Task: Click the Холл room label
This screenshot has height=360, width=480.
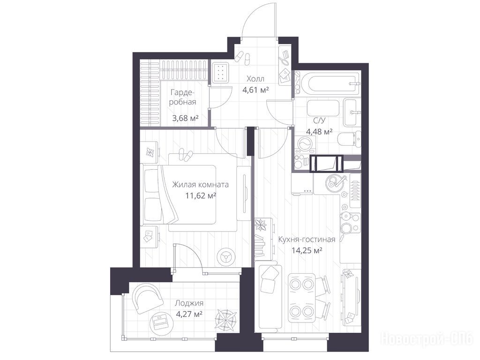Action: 255,79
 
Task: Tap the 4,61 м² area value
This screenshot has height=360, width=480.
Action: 255,90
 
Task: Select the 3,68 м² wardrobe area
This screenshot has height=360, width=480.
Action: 185,118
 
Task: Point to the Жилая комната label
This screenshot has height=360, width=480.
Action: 200,185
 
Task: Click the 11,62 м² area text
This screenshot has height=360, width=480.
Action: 201,195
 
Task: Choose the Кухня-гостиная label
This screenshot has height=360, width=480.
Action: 307,240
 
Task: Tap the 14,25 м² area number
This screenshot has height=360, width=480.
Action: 307,251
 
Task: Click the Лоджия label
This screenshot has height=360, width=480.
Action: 189,303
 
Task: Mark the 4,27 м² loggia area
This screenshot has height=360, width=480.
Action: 189,315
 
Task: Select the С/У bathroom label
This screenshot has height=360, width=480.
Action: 319,120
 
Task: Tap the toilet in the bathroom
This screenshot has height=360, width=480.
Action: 349,139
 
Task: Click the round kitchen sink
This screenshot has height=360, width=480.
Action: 333,182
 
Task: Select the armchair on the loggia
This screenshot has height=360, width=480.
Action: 147,297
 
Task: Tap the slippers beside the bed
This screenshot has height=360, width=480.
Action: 186,155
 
